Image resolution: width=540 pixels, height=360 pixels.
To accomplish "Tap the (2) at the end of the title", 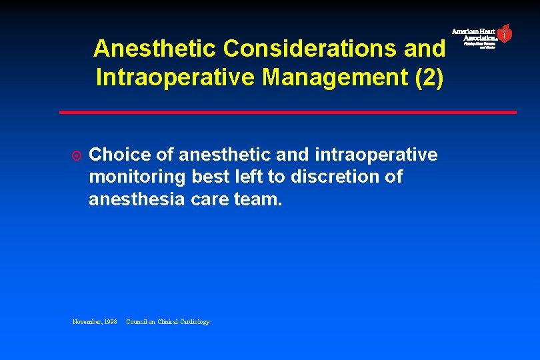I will (x=429, y=77).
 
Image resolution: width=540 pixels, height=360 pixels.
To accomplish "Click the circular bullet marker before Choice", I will (x=77, y=156).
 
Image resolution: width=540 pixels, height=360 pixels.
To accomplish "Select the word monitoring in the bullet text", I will (x=137, y=177).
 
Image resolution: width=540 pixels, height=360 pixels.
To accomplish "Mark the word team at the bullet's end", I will (x=259, y=199).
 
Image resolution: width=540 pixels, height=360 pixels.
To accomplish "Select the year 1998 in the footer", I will (x=110, y=322).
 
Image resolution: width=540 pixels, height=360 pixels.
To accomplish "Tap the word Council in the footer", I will (x=141, y=322).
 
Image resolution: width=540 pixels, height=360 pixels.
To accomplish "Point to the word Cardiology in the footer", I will (x=193, y=322).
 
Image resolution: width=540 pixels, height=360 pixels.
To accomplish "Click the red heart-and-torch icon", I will (x=505, y=33).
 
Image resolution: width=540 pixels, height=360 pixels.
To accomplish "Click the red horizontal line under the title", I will (x=287, y=112).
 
